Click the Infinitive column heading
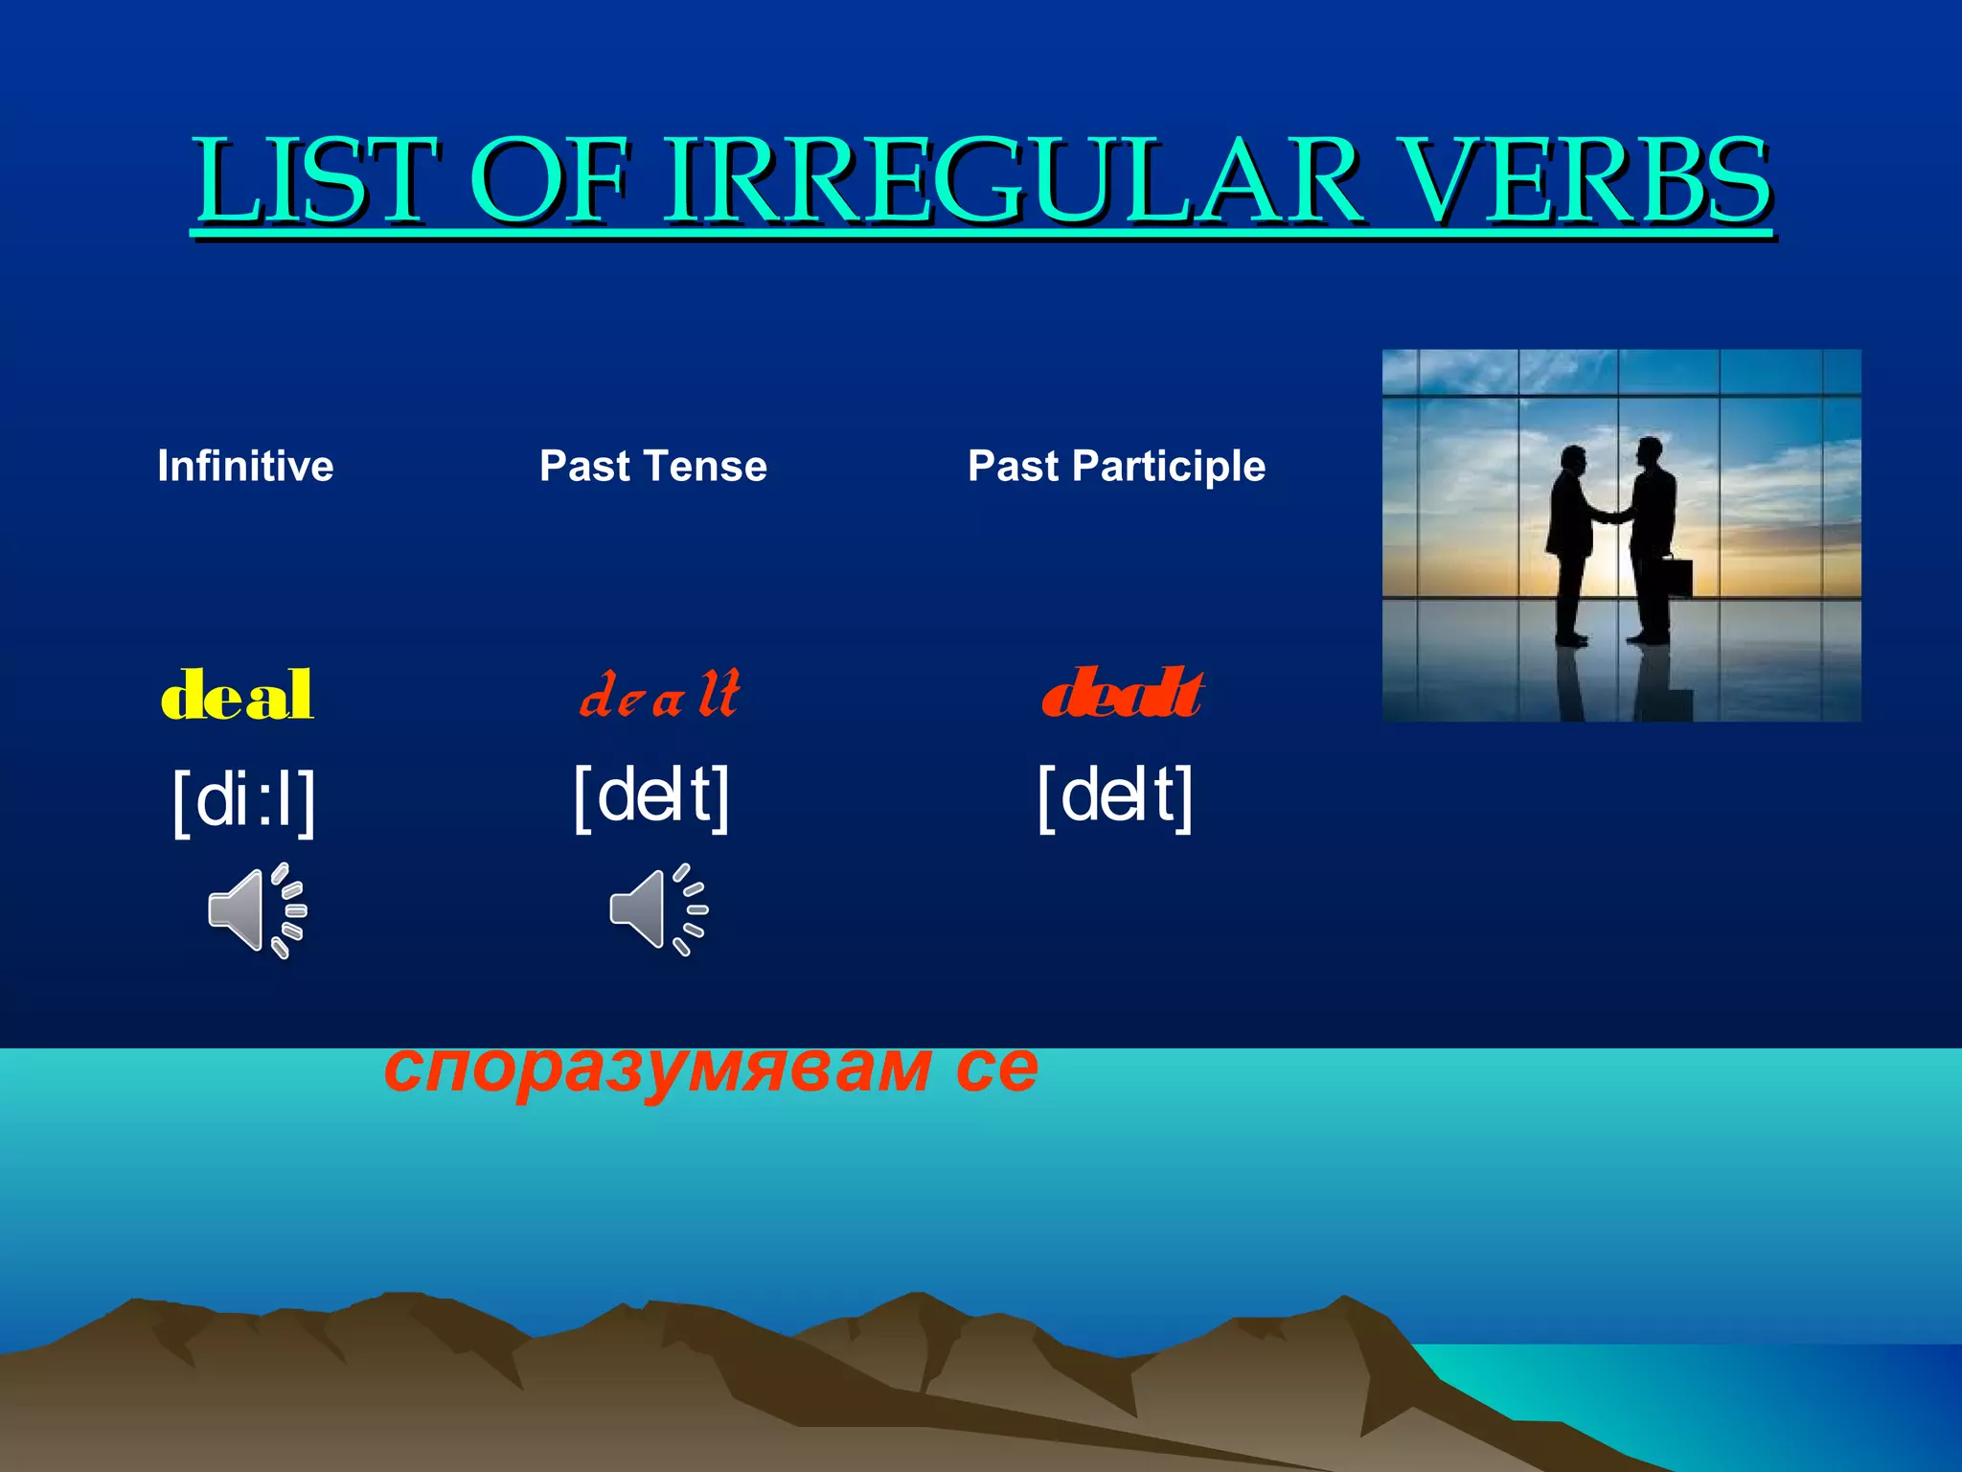245,467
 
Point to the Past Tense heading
652,467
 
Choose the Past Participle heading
1116,467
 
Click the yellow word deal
237,695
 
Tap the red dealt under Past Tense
660,695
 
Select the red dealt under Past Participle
1122,695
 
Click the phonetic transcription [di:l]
243,801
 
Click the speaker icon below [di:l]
255,910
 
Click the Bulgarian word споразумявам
657,1069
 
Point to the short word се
996,1069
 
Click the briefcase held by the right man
1677,577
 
